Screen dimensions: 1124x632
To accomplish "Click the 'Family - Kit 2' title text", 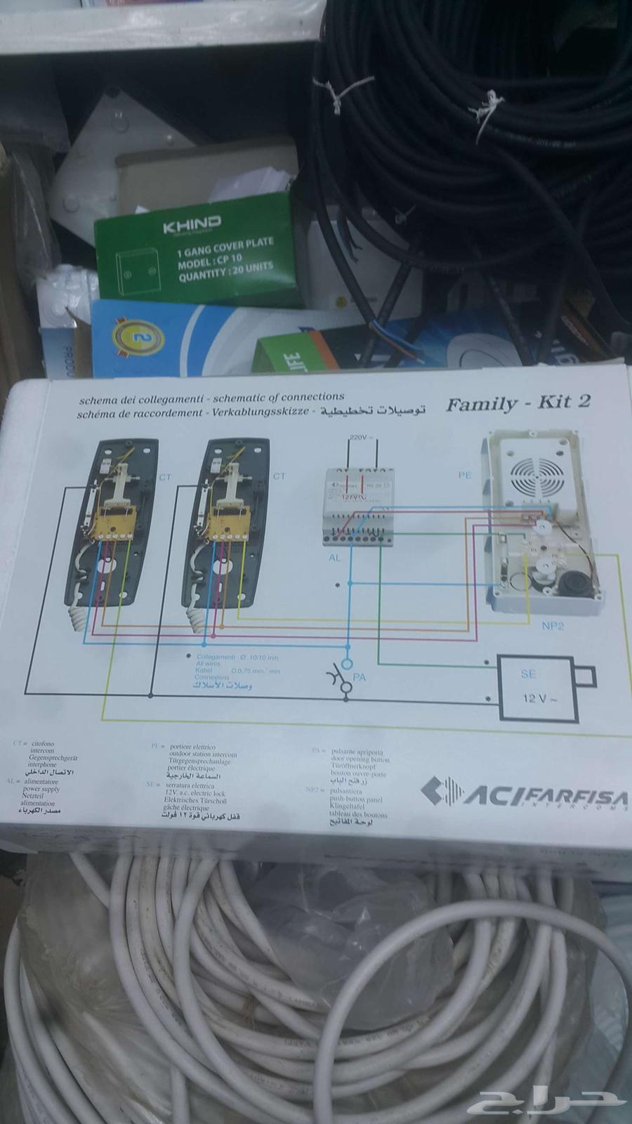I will point(518,403).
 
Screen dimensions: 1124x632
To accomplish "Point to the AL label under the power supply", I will point(334,557).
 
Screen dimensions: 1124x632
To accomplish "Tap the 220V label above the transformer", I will point(358,437).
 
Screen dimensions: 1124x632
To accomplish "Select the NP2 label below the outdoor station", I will point(553,626).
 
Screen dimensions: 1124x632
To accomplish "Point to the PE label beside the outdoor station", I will point(465,476).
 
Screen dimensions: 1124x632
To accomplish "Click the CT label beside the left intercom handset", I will point(164,478).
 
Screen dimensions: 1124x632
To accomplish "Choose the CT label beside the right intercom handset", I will point(279,476).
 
